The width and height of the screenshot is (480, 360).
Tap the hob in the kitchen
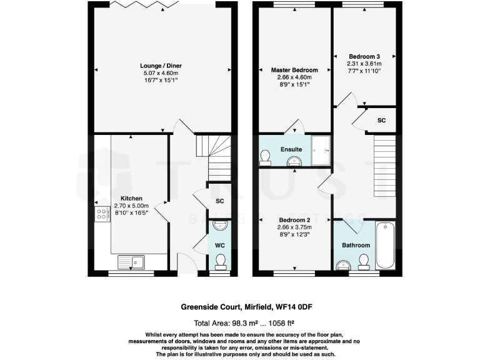pos(101,215)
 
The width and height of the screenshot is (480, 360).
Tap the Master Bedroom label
pos(294,70)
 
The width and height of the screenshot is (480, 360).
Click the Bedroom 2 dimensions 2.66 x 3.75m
pos(294,227)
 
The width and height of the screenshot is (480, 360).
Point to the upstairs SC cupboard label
pos(381,120)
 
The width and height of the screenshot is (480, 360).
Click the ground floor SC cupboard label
pos(219,201)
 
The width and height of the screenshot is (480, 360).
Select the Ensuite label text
pos(291,149)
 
